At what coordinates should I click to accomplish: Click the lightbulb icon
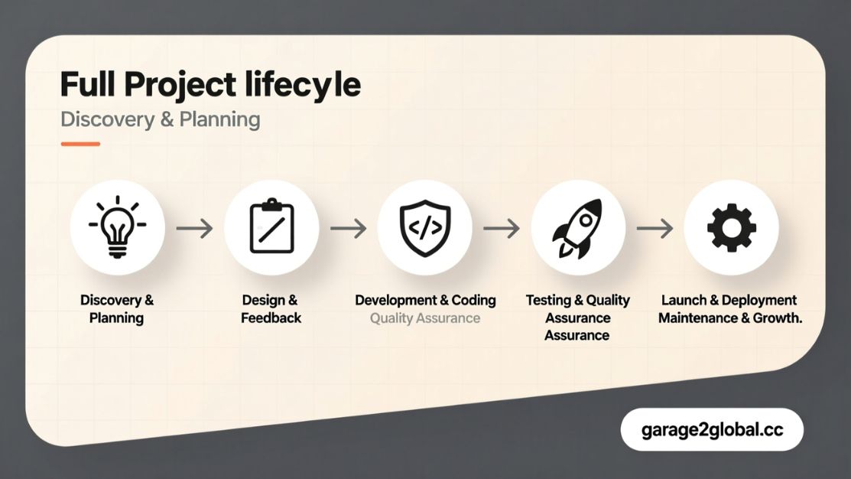coord(117,226)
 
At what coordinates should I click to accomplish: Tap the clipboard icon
coord(271,226)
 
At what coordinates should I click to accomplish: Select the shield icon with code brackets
coord(425,227)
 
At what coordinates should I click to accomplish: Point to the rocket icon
coord(577,227)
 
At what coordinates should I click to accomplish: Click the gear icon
coord(731,227)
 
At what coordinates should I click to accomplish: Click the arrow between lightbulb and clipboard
coord(194,228)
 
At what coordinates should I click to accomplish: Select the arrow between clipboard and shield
coord(348,228)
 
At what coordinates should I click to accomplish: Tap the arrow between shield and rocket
coord(501,228)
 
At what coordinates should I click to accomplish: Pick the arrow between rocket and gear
coord(654,228)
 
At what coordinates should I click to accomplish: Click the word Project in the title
coord(180,86)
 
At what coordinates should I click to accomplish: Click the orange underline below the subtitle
coord(80,144)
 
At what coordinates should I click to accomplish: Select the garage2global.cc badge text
coord(712,430)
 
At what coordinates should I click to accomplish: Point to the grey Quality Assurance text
coord(425,318)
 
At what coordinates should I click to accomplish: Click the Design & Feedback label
coord(271,309)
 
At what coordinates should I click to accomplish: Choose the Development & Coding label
coord(425,300)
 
